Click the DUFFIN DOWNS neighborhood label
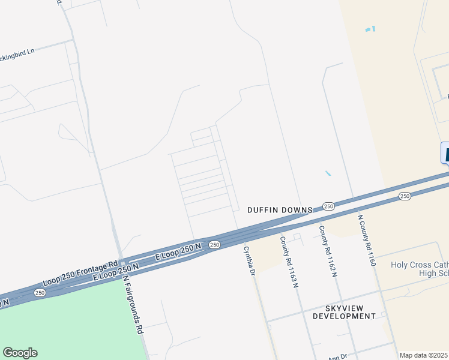click(x=280, y=210)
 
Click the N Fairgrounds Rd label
click(x=133, y=304)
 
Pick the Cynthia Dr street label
click(x=249, y=259)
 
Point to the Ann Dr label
click(x=337, y=356)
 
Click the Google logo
click(x=20, y=353)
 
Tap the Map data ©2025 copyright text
click(x=423, y=355)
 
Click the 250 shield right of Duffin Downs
click(x=328, y=206)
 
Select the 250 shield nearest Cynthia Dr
click(x=214, y=245)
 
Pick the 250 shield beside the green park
click(x=40, y=292)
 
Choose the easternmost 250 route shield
click(x=405, y=196)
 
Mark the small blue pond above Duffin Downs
click(x=328, y=173)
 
